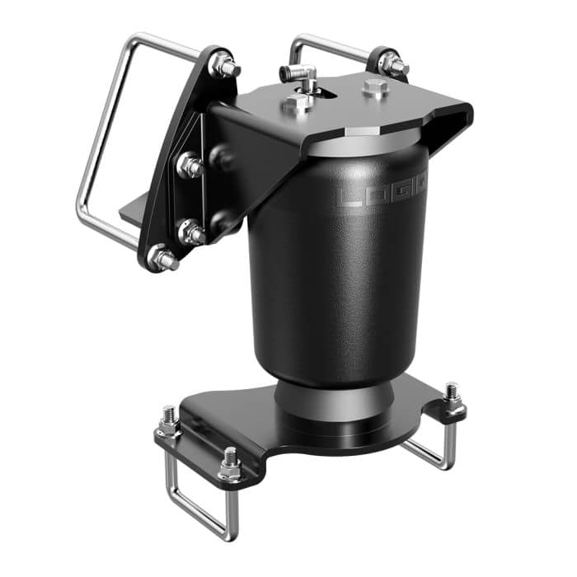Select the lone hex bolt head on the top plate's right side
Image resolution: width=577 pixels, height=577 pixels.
click(375, 88)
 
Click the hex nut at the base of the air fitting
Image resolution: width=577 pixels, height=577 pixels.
click(299, 101)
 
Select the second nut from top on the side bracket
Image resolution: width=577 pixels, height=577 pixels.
click(190, 167)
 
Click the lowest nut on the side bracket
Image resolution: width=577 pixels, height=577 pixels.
click(162, 259)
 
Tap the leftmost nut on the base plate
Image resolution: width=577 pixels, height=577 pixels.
click(170, 422)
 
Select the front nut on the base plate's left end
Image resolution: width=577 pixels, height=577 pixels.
click(230, 466)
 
